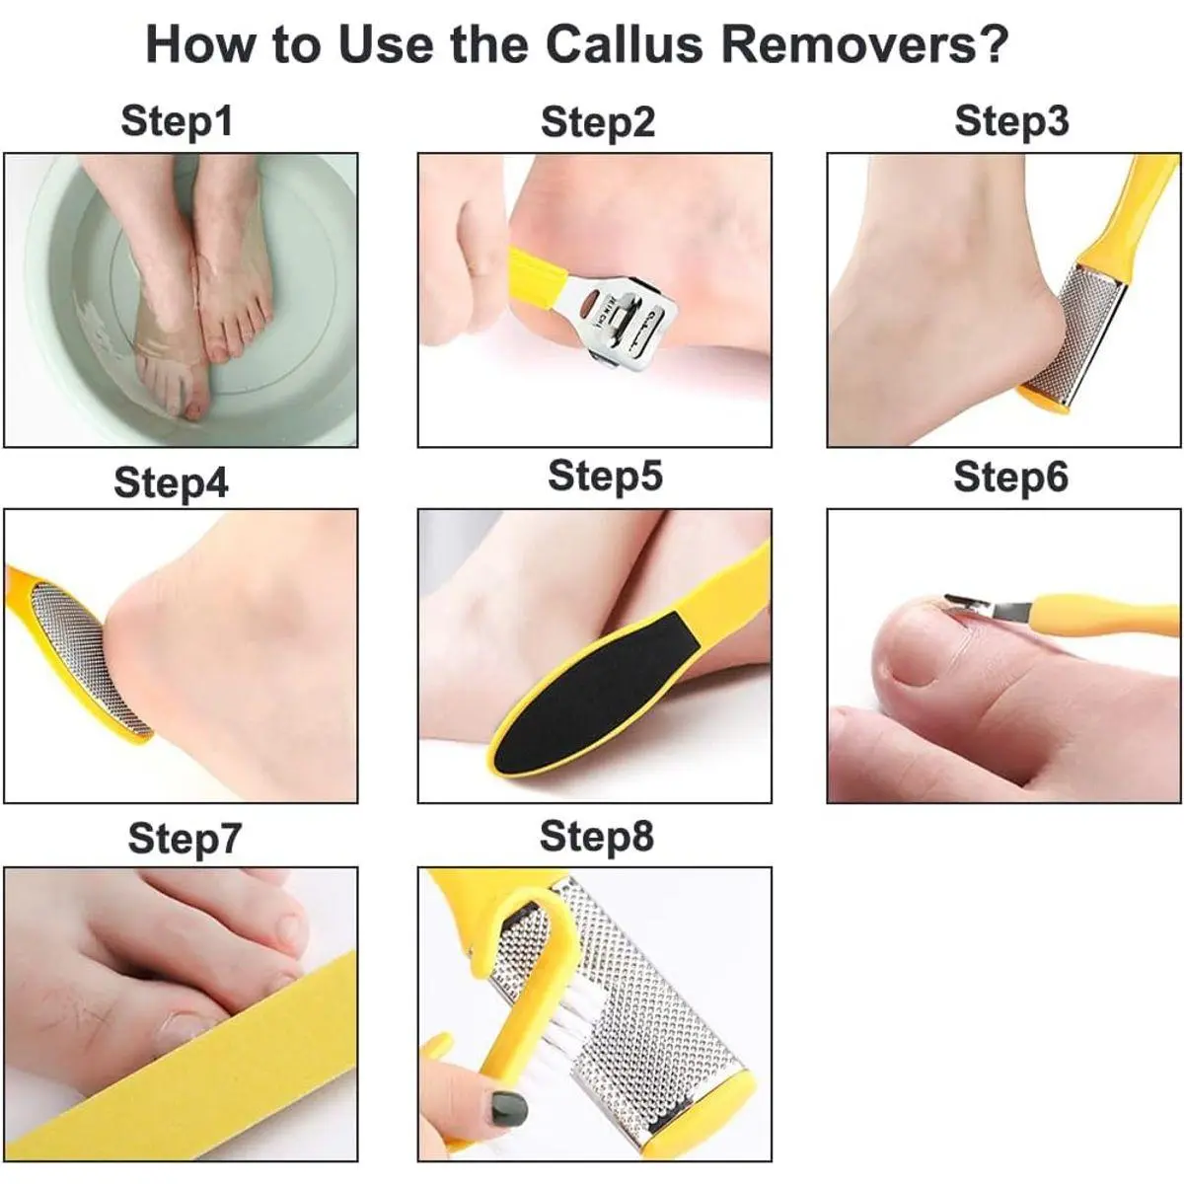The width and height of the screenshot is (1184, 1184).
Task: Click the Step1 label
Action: coord(177,121)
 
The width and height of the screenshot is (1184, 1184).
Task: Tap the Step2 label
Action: coord(598,122)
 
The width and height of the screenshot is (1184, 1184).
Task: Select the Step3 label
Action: coord(1012,121)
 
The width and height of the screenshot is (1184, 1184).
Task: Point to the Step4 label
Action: coord(172,482)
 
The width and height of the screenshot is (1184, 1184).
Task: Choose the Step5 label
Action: coord(605,477)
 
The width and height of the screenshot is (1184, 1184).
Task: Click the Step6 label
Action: coord(1010,478)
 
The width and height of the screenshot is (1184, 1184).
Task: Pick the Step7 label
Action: coord(185,839)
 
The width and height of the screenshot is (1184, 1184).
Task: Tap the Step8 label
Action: coord(597,837)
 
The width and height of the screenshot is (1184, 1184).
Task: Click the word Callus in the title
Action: coord(625,44)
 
